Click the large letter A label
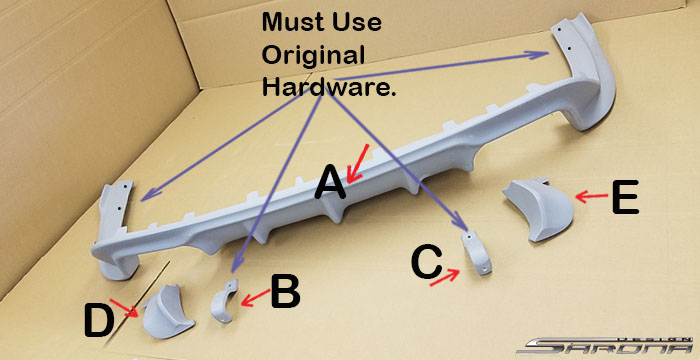(330, 182)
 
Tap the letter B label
(286, 293)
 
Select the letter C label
(427, 263)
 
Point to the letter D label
(98, 320)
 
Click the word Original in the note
(313, 55)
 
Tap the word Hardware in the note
(329, 86)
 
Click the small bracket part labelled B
(224, 300)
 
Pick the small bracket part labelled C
(477, 253)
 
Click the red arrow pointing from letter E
(592, 196)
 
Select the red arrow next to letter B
(255, 298)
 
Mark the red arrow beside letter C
(445, 277)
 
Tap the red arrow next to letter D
(124, 308)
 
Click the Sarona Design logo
(607, 345)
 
